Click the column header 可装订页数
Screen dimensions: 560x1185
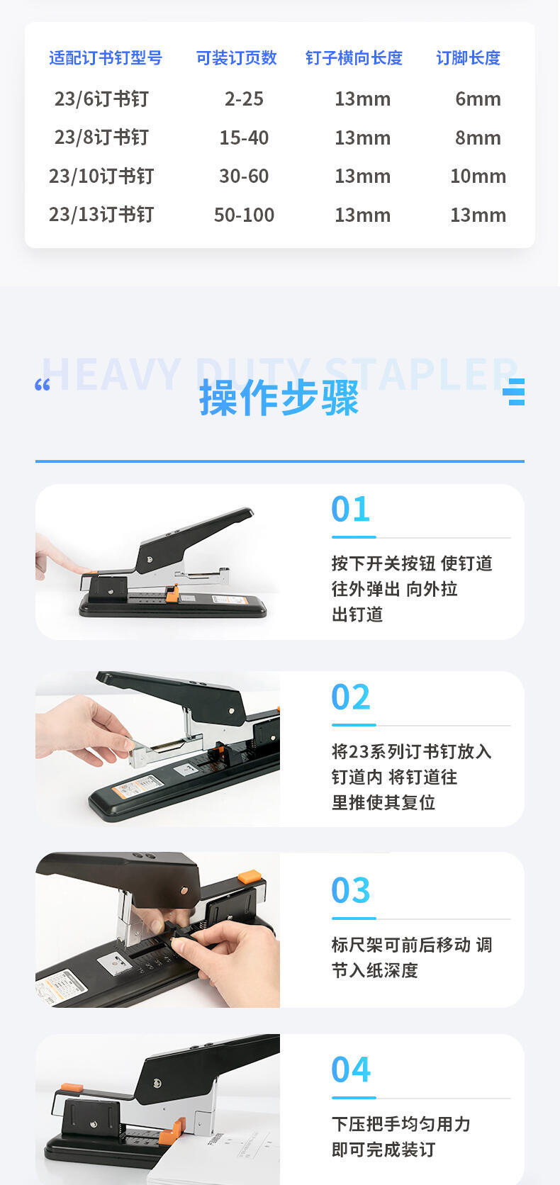tap(237, 57)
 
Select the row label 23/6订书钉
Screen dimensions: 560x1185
tap(101, 99)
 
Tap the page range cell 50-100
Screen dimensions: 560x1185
tap(244, 215)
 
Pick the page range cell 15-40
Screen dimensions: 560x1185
tap(244, 137)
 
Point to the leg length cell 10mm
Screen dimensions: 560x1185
tap(478, 176)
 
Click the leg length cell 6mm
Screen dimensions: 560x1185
tap(478, 99)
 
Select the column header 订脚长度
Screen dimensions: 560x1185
tap(469, 57)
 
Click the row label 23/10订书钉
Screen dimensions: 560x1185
tap(101, 176)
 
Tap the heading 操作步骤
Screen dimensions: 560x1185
tap(279, 398)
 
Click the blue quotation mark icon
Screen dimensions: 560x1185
tap(43, 385)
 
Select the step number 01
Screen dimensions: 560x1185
tap(350, 509)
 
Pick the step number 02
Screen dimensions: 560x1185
tap(350, 697)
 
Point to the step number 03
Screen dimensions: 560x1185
tap(350, 889)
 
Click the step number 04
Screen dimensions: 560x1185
tap(350, 1069)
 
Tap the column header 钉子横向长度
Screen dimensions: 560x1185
tap(354, 57)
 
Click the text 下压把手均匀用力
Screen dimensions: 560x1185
tap(401, 1123)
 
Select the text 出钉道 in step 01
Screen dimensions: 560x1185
tap(357, 614)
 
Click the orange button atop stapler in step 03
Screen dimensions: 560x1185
tap(250, 877)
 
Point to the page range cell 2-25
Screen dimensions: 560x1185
tap(244, 99)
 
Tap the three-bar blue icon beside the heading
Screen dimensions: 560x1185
tap(513, 392)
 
